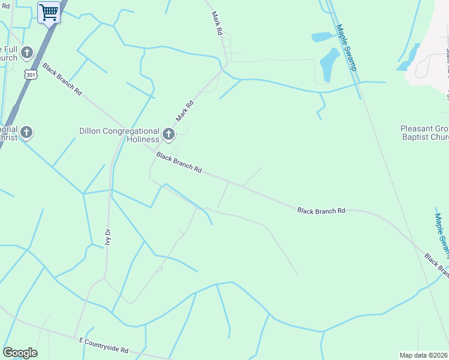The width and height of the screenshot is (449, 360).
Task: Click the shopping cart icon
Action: tap(49, 12)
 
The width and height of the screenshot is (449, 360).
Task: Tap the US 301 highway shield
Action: tap(31, 73)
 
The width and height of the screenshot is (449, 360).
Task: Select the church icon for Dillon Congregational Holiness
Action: tap(169, 134)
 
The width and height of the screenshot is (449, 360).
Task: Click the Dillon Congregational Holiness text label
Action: tap(119, 135)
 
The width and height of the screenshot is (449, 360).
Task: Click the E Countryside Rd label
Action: tap(104, 345)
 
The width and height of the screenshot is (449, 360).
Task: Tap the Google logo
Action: tap(20, 353)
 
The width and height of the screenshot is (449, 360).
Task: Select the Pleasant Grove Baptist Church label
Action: tap(424, 133)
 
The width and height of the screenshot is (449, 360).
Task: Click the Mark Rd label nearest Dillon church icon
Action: tap(185, 111)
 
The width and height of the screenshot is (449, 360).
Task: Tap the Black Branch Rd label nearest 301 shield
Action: tap(62, 79)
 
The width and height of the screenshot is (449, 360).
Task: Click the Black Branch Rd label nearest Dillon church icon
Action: tap(178, 163)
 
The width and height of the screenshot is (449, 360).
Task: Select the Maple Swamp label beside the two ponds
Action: tap(347, 47)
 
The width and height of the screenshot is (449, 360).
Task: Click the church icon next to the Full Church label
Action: tap(26, 53)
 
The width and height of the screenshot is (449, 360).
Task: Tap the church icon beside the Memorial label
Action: tap(26, 132)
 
